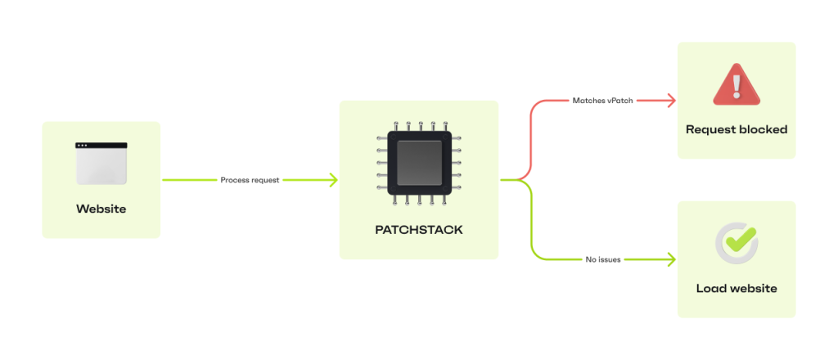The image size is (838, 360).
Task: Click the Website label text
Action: coord(101,209)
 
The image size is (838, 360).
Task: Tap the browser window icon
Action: coord(101,163)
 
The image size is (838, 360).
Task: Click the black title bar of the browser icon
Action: coord(101,146)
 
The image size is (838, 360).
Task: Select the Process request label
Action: coord(250,180)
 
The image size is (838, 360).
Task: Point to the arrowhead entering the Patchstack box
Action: coord(333,180)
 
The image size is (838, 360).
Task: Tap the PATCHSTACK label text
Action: coord(419,230)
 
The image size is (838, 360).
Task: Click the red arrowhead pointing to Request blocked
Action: coord(671,101)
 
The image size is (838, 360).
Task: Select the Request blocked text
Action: coord(737,129)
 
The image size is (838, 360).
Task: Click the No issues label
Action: coord(603,259)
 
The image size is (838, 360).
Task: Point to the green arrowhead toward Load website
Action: coord(671,259)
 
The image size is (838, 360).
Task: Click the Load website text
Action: coord(737,288)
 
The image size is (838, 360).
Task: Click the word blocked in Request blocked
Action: coord(763,129)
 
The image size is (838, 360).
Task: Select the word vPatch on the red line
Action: coord(619,101)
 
